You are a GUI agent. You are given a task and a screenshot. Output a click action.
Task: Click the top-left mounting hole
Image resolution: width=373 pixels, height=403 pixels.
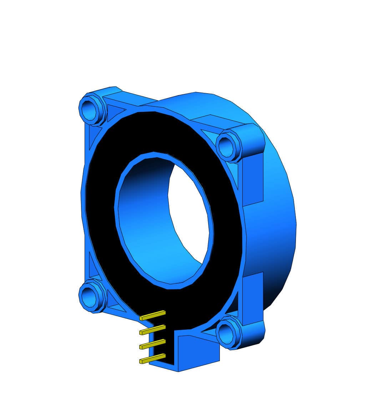tap(89, 109)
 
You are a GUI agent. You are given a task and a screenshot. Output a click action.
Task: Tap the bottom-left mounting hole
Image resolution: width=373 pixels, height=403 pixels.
tap(88, 296)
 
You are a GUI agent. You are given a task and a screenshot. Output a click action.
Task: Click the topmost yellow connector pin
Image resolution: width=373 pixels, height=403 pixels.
tap(153, 315)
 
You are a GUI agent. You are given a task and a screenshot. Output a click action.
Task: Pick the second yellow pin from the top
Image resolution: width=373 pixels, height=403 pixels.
tap(153, 330)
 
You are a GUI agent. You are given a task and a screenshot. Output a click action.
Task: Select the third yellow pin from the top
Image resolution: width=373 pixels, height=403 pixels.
tap(153, 344)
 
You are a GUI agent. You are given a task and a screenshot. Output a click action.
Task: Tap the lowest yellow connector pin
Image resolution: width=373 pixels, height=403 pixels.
tap(153, 358)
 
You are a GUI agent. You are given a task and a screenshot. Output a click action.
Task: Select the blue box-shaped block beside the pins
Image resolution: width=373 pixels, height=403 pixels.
tap(198, 352)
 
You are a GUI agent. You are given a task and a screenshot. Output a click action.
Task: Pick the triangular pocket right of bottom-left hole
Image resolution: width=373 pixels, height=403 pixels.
tap(114, 302)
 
